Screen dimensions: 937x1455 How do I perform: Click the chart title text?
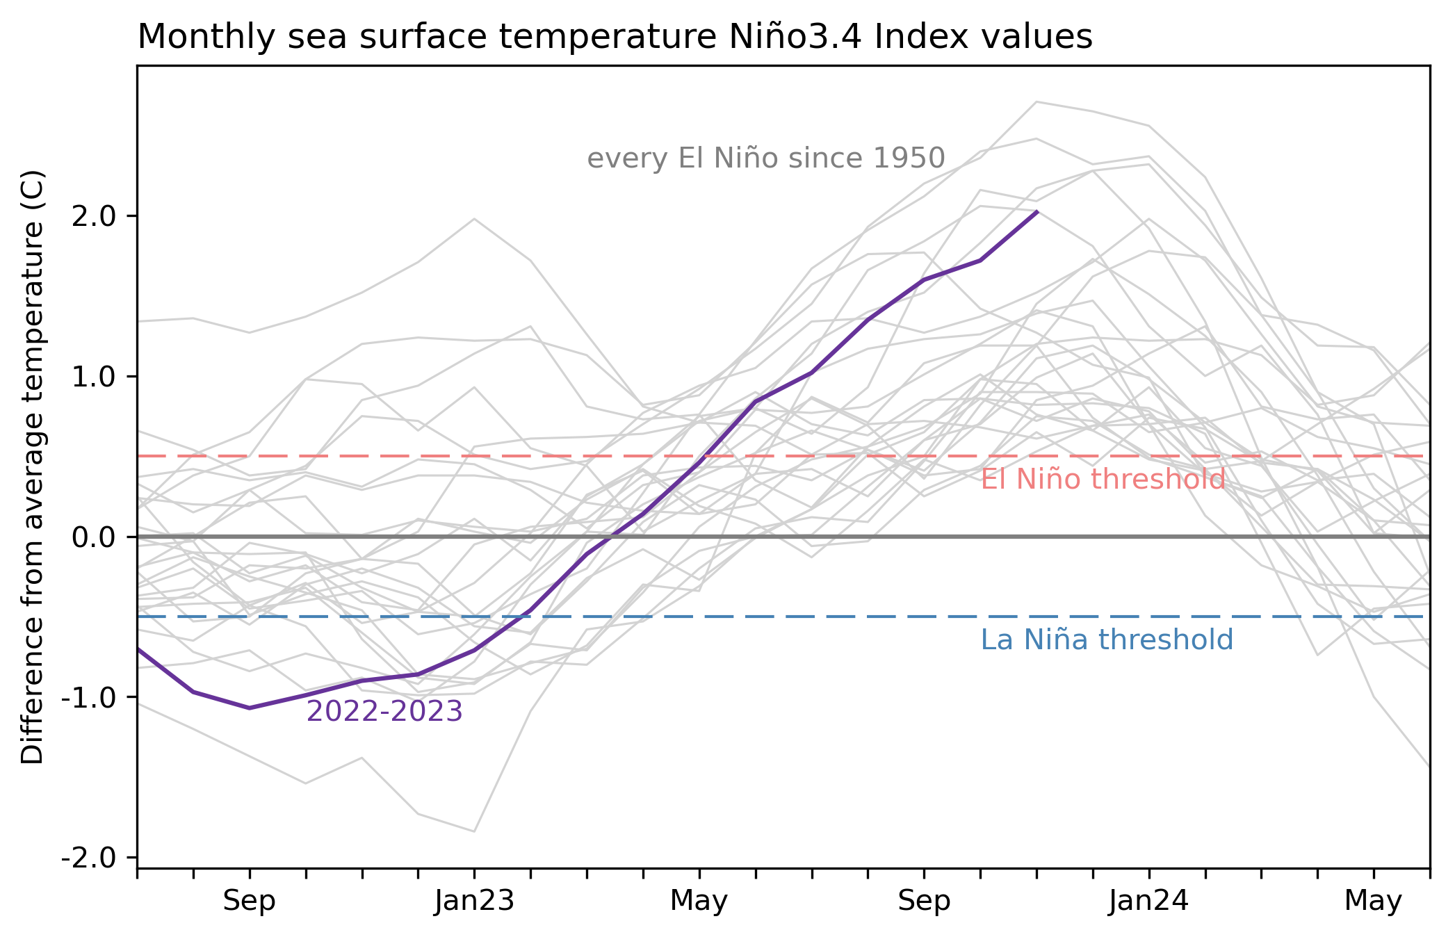coord(615,38)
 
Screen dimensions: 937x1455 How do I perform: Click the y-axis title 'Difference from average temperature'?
coord(33,466)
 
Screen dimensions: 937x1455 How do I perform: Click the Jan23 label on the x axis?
coord(474,902)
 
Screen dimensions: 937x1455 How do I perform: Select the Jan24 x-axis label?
coord(1148,902)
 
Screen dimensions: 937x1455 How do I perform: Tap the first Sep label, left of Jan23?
coord(249,902)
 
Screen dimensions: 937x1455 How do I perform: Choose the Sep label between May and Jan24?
coord(924,902)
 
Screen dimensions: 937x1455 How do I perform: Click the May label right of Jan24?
coord(1373,902)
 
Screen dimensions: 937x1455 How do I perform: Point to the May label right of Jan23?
coord(699,902)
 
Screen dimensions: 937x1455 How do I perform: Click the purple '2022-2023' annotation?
coord(384,712)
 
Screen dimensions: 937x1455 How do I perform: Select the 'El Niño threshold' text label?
coord(1103,480)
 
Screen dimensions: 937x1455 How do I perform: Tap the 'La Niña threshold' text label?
coord(1107,640)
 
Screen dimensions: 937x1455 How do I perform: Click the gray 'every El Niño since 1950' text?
coord(766,159)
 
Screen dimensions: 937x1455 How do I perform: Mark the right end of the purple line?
coord(1037,211)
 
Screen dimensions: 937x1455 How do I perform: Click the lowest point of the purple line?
coord(250,708)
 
